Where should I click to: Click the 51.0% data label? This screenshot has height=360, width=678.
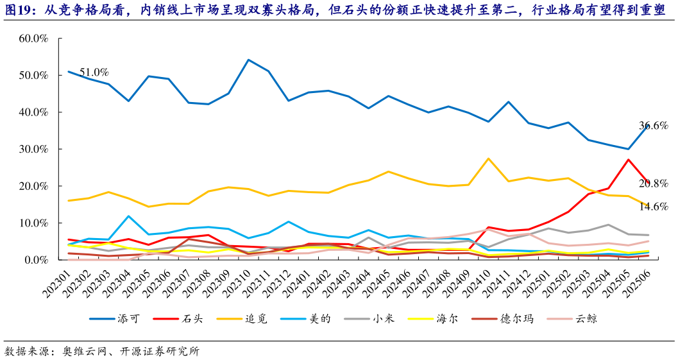[94, 72]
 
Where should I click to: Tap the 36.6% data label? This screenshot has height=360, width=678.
[653, 126]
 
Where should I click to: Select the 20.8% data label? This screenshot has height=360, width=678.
[653, 184]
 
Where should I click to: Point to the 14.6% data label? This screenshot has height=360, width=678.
[653, 207]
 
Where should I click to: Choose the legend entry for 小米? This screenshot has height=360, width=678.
[384, 318]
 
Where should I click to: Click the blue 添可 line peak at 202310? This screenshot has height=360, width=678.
[249, 60]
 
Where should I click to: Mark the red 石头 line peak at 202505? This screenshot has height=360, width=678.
[628, 159]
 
